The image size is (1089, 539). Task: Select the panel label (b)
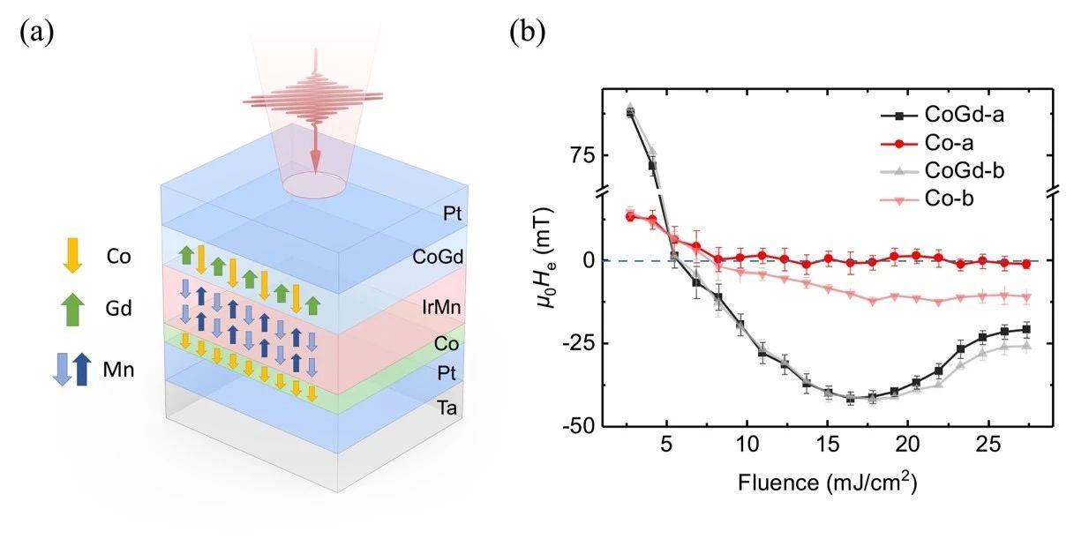pos(528,32)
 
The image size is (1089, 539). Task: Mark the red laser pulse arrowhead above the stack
pos(315,161)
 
